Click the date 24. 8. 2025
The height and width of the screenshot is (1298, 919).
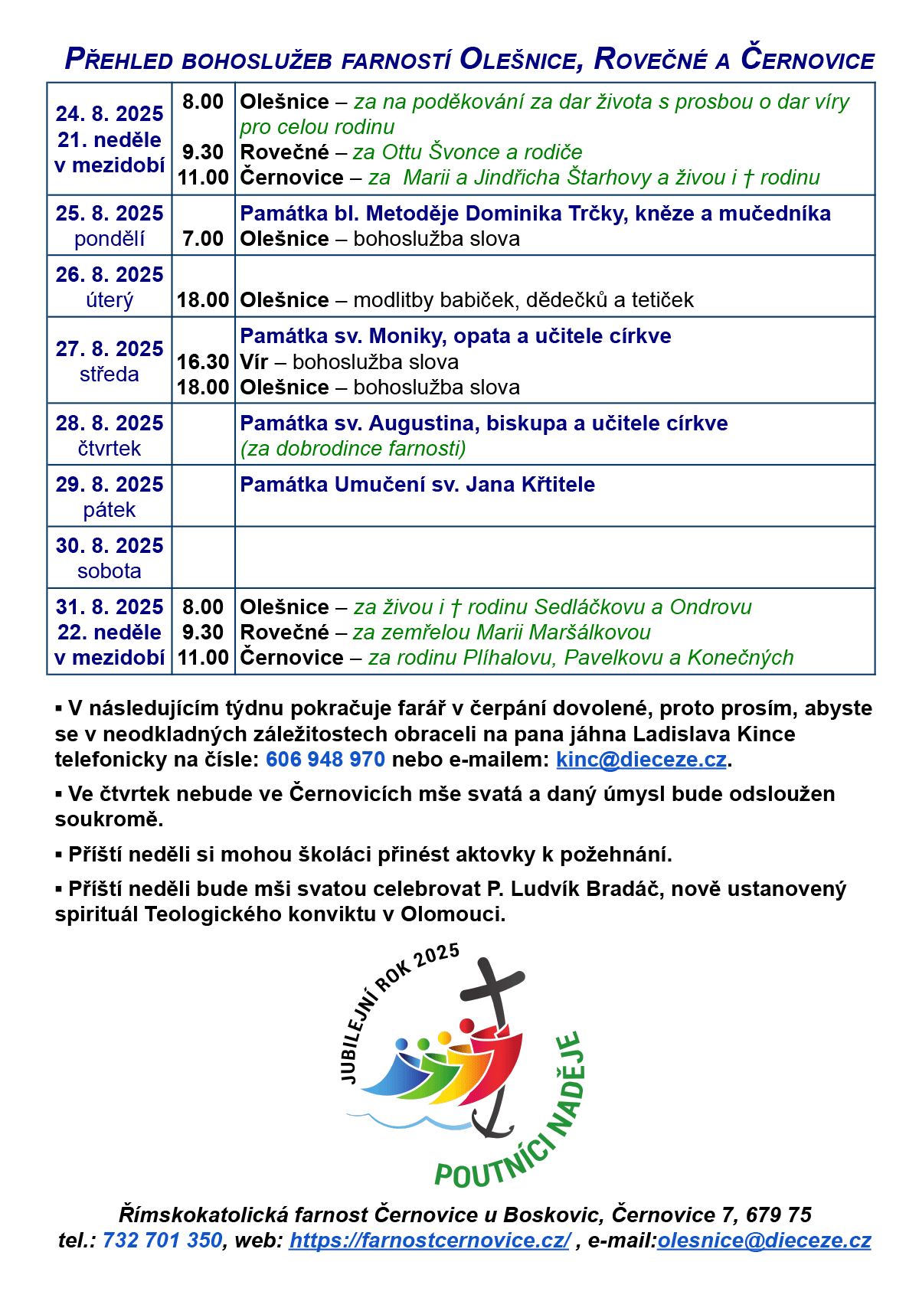point(110,114)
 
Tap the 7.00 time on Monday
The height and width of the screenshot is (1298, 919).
point(203,239)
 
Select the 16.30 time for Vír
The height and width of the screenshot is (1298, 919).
point(203,362)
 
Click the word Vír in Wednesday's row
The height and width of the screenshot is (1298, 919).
point(254,362)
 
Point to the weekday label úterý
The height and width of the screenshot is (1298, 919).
point(110,300)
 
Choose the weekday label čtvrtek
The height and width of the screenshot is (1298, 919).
point(110,449)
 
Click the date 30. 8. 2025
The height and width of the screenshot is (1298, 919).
point(110,546)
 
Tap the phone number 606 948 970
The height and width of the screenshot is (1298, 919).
point(325,760)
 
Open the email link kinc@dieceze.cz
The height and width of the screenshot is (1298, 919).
point(641,760)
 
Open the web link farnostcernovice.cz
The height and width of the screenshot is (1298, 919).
point(430,1241)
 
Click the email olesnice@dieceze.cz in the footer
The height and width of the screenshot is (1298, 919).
point(764,1241)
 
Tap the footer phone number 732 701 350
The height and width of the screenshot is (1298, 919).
point(162,1241)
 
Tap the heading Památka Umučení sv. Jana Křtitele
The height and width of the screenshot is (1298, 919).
point(417,485)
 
